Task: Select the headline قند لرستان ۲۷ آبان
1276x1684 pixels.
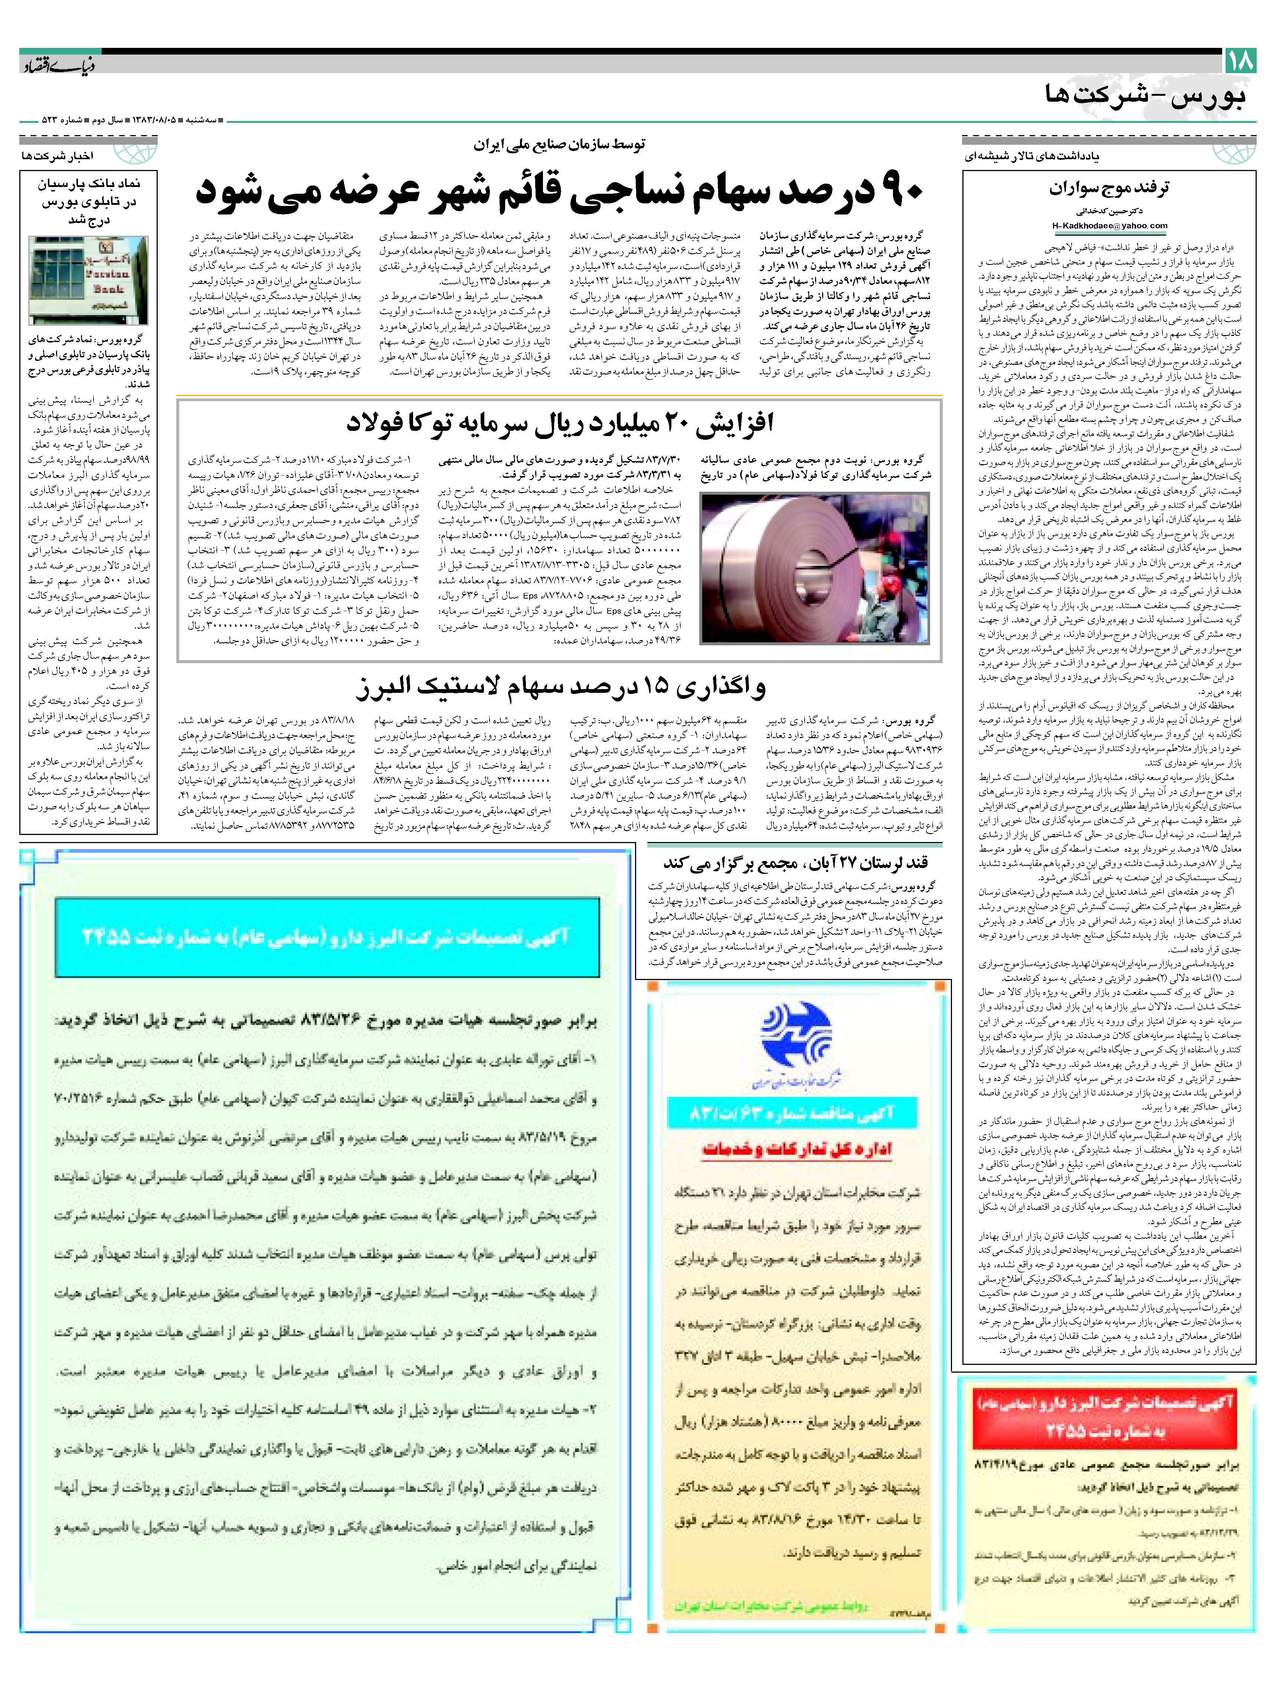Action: [x=796, y=862]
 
